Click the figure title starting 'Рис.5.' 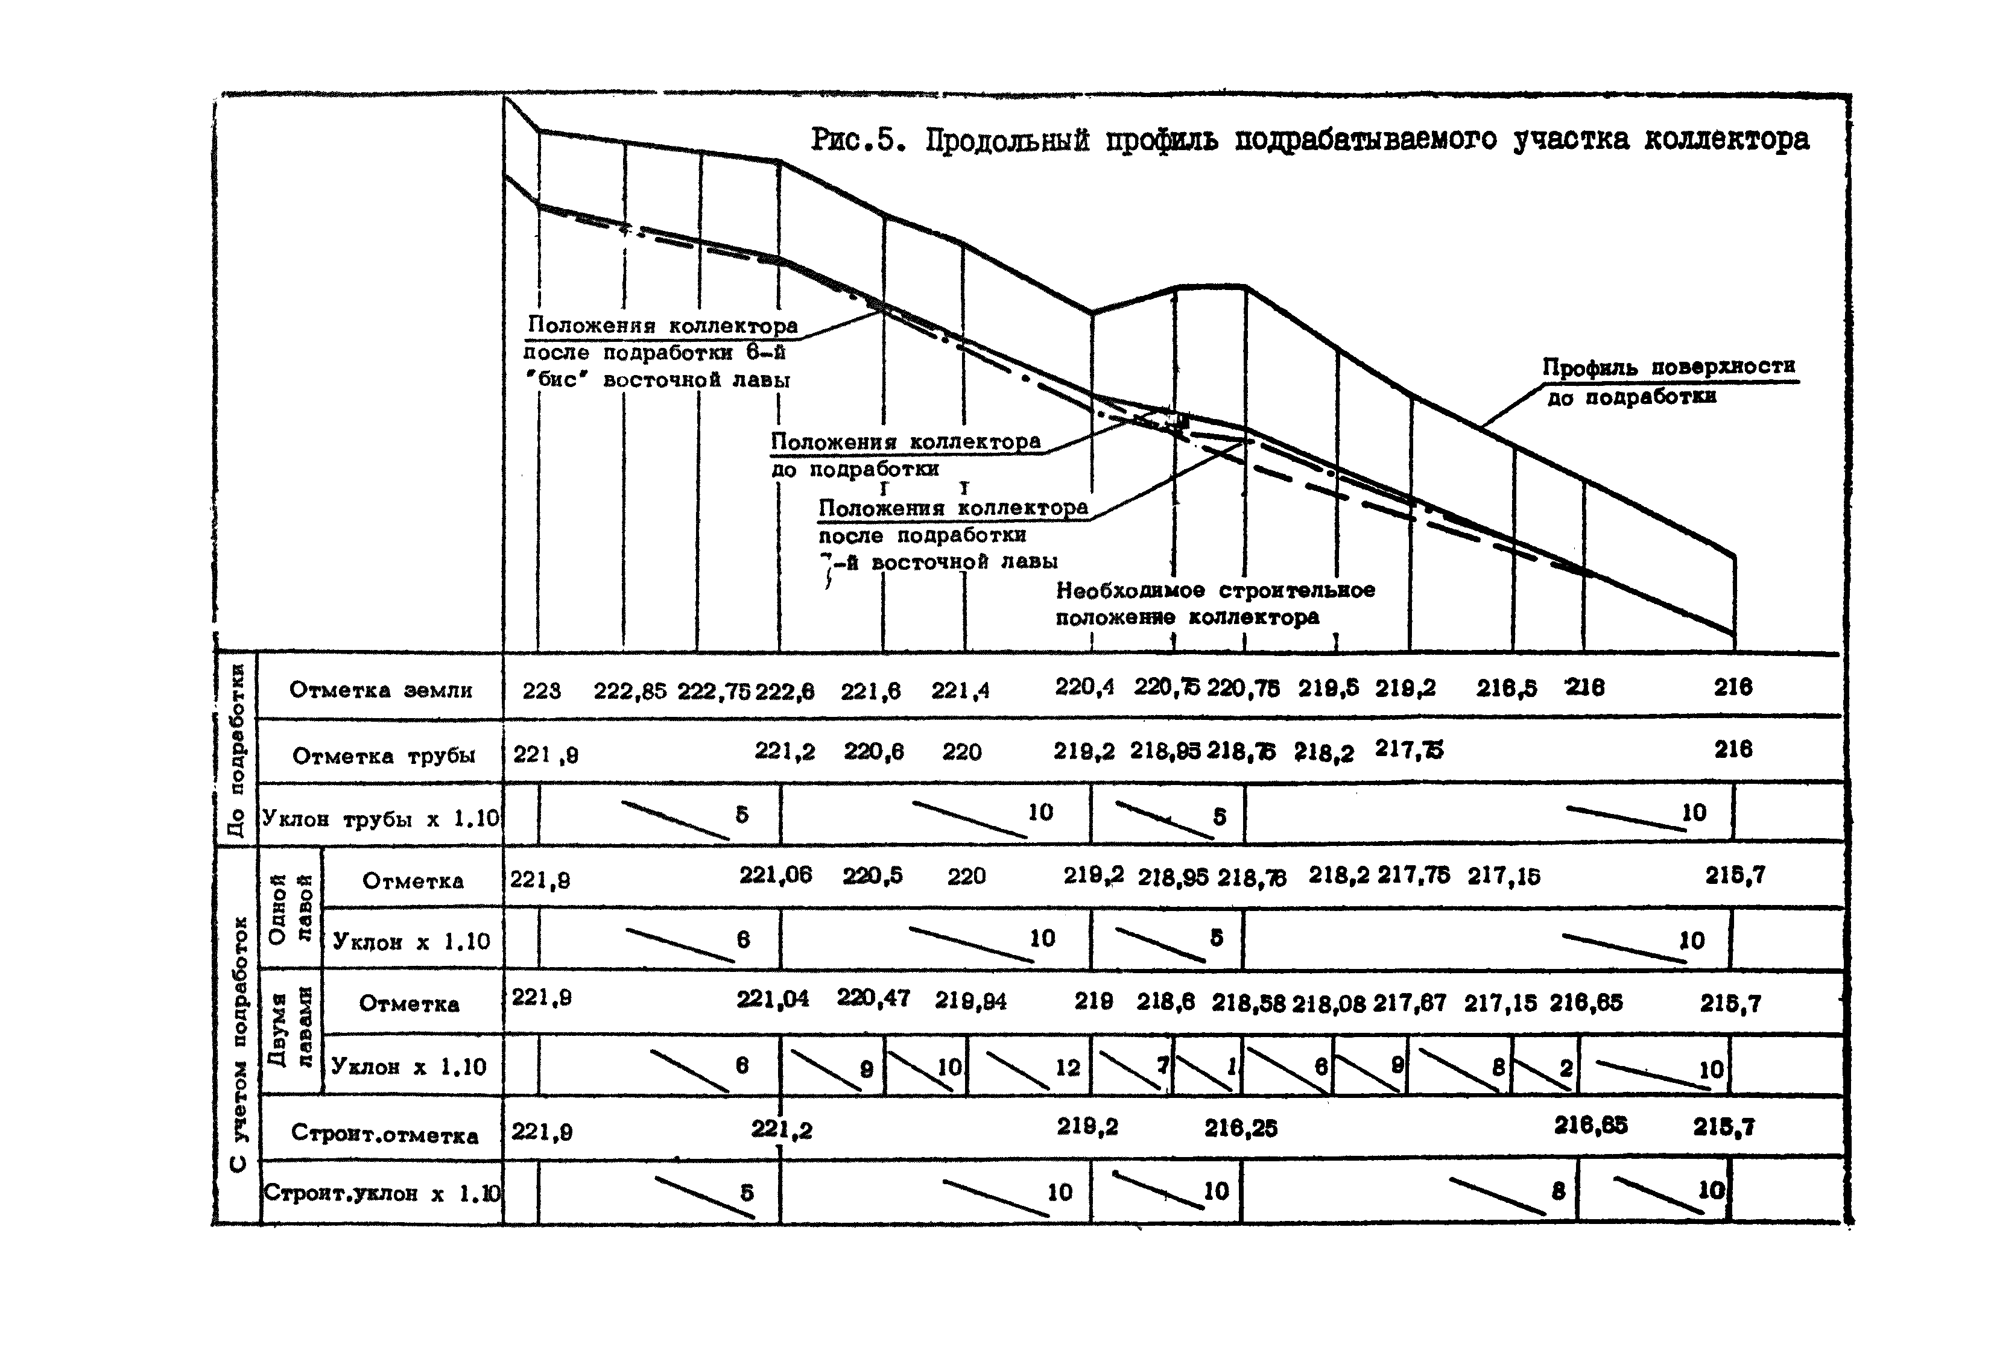[1310, 140]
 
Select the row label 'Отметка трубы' [384, 756]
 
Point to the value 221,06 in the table [775, 875]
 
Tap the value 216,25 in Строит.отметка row [1240, 1128]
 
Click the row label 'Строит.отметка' [384, 1134]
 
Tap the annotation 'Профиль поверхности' [1668, 367]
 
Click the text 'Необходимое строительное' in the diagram [1215, 590]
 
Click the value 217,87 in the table [1409, 1003]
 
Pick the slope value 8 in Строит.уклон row [1558, 1191]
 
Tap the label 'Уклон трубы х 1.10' [380, 818]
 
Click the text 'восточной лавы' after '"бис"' [696, 380]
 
